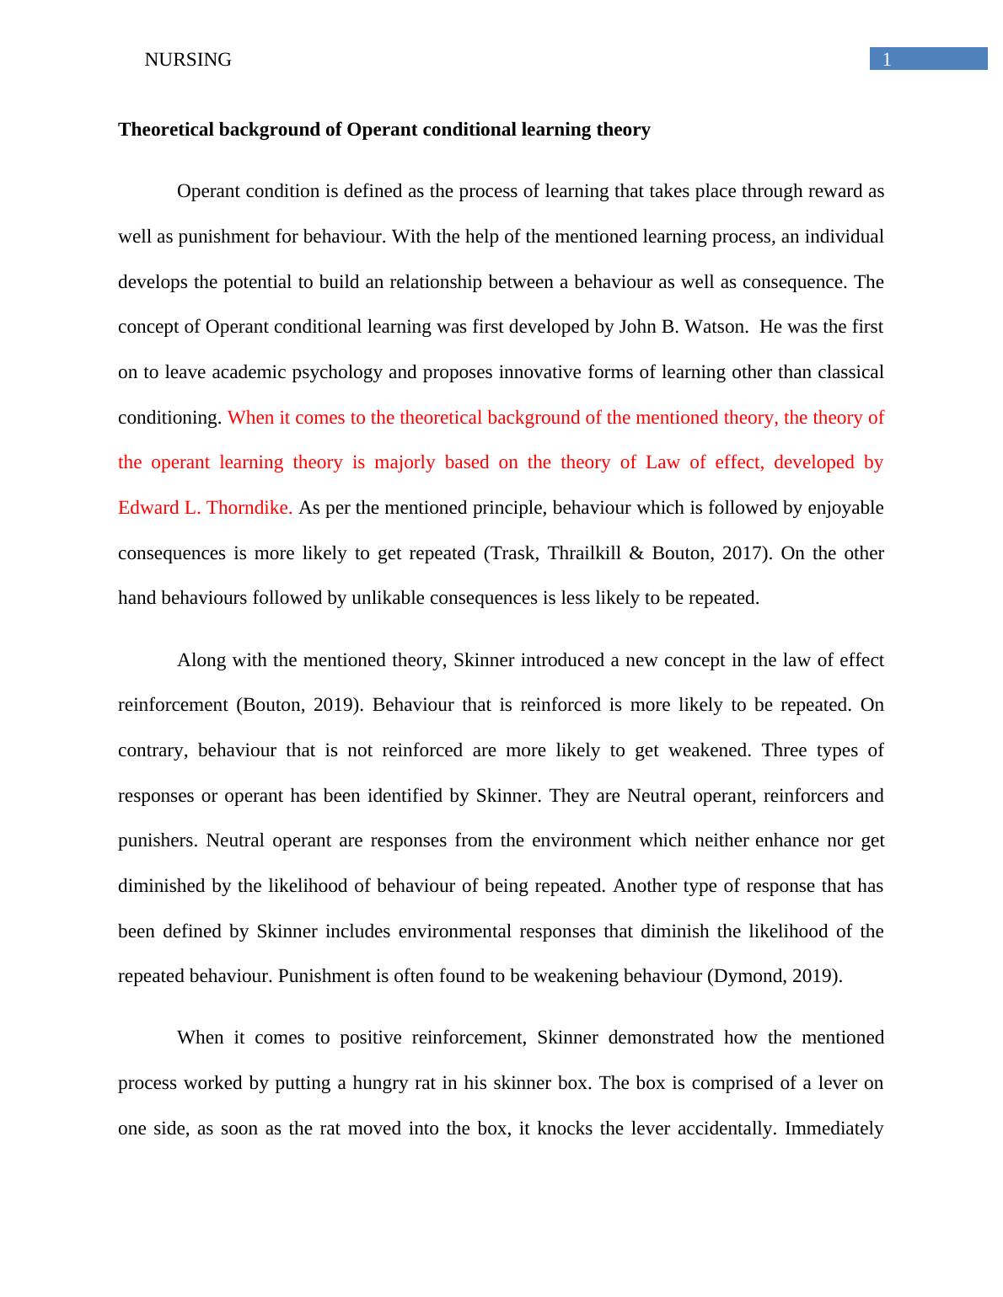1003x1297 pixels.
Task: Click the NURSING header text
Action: [188, 60]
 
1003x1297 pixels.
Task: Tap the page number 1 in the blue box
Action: [887, 60]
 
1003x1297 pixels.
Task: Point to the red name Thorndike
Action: [250, 508]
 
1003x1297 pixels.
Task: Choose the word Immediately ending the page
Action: [834, 1129]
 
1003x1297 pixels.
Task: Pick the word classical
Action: [847, 372]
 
